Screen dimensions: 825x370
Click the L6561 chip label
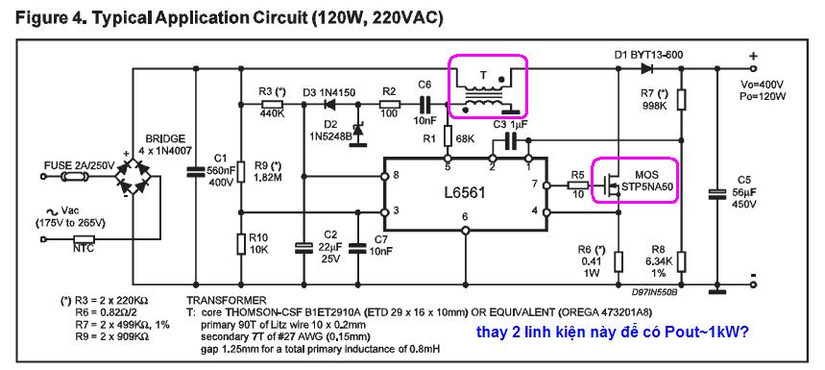pyautogui.click(x=465, y=192)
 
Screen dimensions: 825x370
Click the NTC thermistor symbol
pyautogui.click(x=83, y=239)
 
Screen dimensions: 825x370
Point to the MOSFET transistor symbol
pyautogui.click(x=609, y=184)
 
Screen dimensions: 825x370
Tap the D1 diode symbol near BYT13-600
pyautogui.click(x=646, y=68)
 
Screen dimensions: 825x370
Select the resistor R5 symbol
pyautogui.click(x=578, y=185)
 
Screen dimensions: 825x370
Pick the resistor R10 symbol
pyautogui.click(x=240, y=244)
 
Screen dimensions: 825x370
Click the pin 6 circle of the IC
pyautogui.click(x=465, y=231)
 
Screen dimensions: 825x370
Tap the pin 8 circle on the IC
pyautogui.click(x=384, y=176)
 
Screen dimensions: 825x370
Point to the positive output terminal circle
pyautogui.click(x=753, y=68)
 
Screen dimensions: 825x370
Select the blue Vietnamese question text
pyautogui.click(x=613, y=333)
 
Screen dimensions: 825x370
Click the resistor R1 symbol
pyautogui.click(x=448, y=136)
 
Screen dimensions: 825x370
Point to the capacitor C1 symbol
pyautogui.click(x=196, y=171)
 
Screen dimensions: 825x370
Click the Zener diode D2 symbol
pyautogui.click(x=359, y=130)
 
